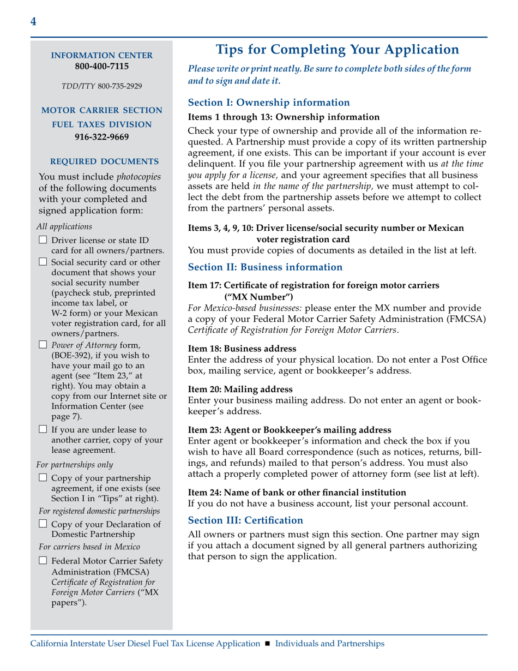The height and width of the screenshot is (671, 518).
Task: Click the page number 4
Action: point(34,22)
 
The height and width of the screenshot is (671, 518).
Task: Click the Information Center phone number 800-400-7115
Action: point(101,67)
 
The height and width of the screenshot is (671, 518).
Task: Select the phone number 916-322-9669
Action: point(101,137)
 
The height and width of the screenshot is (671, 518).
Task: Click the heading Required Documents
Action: point(104,162)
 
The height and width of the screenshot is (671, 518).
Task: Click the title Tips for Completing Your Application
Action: point(338,50)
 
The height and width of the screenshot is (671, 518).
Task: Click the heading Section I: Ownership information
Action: point(268,102)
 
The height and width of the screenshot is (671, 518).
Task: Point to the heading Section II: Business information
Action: point(265,267)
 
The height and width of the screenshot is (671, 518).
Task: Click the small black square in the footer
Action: point(267,644)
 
